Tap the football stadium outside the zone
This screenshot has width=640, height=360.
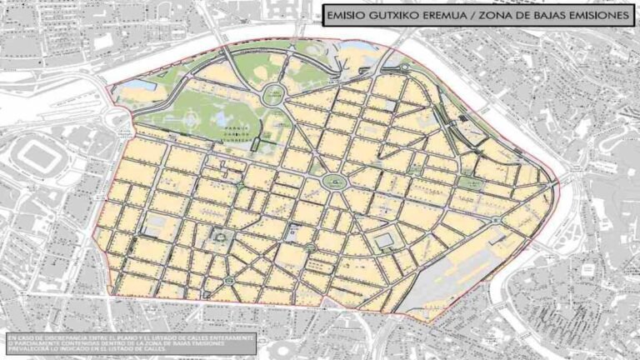pyautogui.click(x=37, y=158)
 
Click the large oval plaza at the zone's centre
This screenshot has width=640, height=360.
pyautogui.click(x=335, y=181)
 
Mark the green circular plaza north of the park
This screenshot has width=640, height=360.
pyautogui.click(x=273, y=96)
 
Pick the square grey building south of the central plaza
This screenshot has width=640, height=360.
pyautogui.click(x=382, y=242)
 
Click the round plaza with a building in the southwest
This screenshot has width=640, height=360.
pyautogui.click(x=221, y=239)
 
